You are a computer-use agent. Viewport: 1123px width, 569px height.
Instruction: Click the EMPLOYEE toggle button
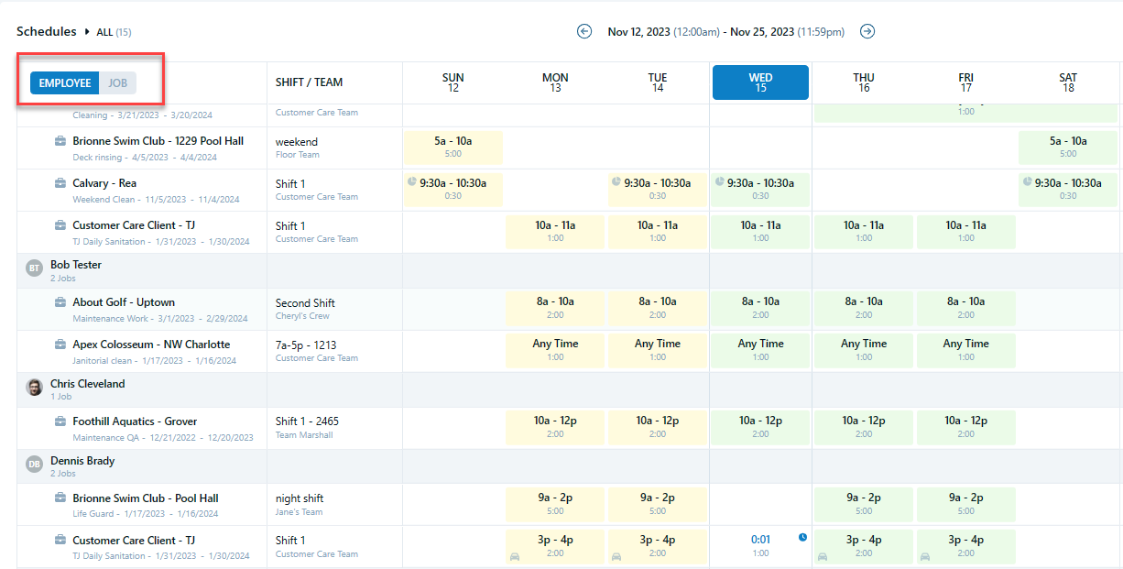click(65, 83)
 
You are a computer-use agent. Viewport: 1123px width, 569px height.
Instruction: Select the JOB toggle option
click(118, 83)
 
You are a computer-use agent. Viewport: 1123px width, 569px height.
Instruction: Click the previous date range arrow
click(584, 31)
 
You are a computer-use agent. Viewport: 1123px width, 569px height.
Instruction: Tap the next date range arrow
click(867, 31)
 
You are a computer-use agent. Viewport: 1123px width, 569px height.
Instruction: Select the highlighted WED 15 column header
click(760, 82)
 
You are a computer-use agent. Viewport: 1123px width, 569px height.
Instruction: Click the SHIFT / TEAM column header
click(309, 82)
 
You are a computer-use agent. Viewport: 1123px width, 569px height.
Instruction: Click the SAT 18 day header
click(1068, 82)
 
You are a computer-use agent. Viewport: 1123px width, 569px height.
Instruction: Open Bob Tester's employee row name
click(76, 265)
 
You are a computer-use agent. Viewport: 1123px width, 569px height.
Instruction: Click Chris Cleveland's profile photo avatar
click(34, 388)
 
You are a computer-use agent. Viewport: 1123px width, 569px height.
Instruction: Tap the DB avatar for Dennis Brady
click(34, 465)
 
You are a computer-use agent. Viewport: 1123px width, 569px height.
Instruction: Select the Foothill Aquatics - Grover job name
click(135, 421)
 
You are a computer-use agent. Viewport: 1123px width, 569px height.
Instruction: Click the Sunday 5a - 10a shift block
click(453, 147)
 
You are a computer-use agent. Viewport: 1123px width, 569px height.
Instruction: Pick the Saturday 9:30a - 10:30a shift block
click(1068, 189)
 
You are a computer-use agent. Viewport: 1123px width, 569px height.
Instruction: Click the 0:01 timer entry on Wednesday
click(760, 541)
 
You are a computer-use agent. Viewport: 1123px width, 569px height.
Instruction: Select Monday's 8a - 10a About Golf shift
click(555, 308)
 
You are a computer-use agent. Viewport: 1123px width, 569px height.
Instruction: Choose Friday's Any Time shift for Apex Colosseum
click(965, 350)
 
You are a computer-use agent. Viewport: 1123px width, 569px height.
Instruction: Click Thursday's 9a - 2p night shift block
click(864, 504)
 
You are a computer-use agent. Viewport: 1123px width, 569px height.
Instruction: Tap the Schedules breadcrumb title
click(46, 31)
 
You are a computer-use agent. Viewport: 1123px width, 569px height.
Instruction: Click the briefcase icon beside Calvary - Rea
click(60, 183)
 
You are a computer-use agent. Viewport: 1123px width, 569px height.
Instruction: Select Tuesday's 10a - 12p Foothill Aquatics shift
click(658, 427)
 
